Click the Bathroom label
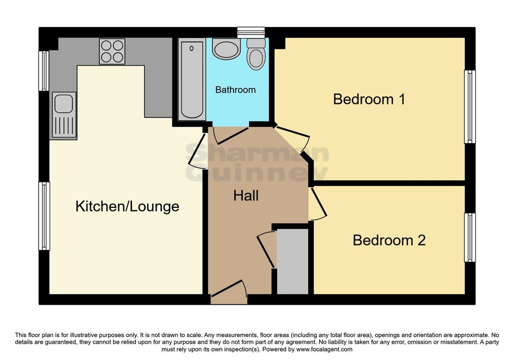[x=235, y=90]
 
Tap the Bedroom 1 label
[x=369, y=99]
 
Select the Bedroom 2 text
[x=389, y=241]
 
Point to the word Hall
[x=246, y=196]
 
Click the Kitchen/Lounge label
[x=127, y=206]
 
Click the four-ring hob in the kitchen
[x=112, y=51]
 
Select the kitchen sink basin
[x=64, y=103]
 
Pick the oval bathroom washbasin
[x=226, y=49]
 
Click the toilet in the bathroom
[x=255, y=54]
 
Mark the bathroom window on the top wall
[x=251, y=33]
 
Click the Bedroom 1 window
[x=470, y=106]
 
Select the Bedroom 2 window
[x=470, y=237]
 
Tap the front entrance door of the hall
[x=229, y=292]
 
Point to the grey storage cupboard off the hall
[x=293, y=261]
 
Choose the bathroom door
[x=229, y=135]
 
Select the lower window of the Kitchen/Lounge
[x=44, y=216]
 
